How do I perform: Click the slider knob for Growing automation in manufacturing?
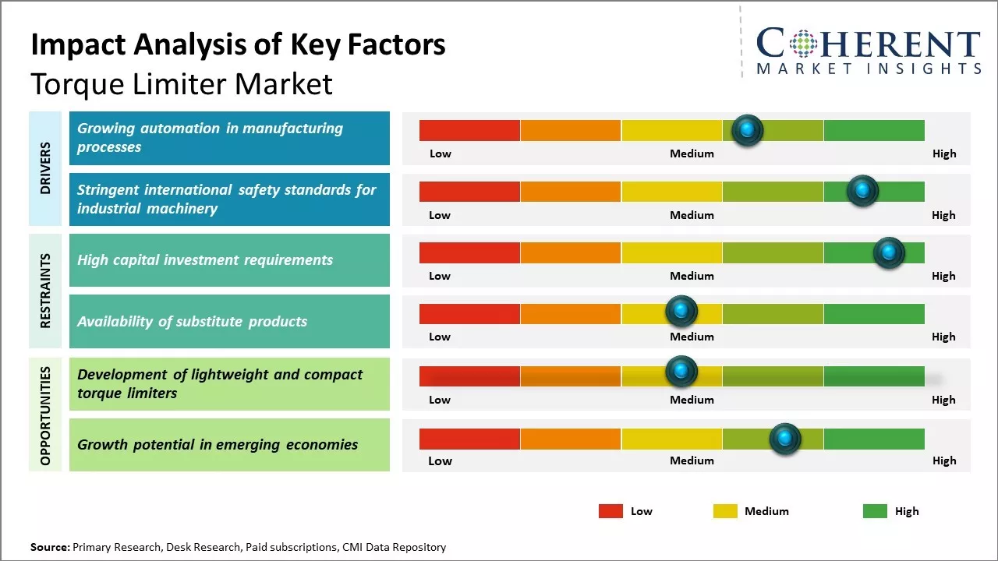[747, 130]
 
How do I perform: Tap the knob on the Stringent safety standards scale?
[862, 191]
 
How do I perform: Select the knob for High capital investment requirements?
[888, 252]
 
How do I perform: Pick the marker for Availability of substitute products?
[681, 311]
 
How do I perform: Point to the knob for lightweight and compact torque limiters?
[681, 372]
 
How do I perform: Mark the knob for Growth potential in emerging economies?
[784, 439]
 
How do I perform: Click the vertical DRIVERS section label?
[45, 168]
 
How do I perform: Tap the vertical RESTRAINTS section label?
[45, 290]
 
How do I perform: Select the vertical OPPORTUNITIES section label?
[45, 415]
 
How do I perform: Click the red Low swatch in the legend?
[610, 511]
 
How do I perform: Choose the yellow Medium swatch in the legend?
[725, 511]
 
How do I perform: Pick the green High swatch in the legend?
[875, 511]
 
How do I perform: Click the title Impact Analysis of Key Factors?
[238, 44]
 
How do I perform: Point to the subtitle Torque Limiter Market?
[182, 83]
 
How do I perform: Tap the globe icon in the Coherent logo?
[803, 44]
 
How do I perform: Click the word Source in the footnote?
[50, 547]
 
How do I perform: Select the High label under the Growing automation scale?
[943, 153]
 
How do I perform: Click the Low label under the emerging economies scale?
[440, 460]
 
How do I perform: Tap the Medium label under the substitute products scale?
[692, 337]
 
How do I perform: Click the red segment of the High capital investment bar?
[469, 252]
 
